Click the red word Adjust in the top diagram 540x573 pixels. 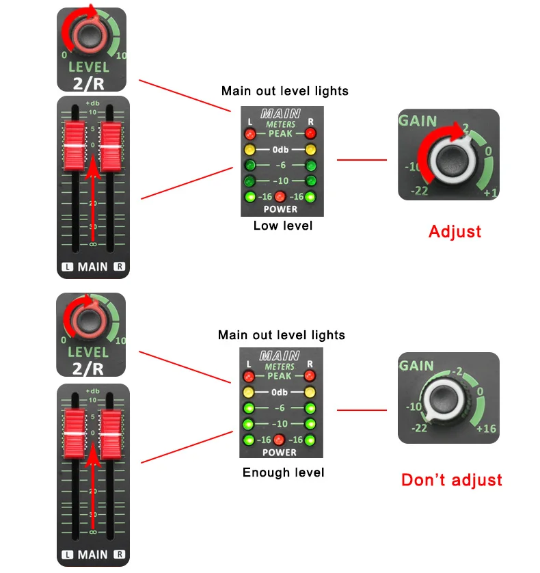[x=455, y=231]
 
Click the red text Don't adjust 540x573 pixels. [x=451, y=480]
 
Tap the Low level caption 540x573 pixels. [x=283, y=226]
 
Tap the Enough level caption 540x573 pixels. [x=283, y=472]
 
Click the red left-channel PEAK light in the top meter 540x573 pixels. [x=250, y=134]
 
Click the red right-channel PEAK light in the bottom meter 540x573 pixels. [x=310, y=376]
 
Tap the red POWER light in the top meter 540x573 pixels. [x=280, y=198]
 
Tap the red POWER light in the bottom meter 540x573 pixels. [x=280, y=440]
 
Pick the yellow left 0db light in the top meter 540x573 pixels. [x=250, y=150]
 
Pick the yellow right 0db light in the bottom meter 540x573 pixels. [x=310, y=392]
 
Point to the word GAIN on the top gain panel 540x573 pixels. [x=418, y=121]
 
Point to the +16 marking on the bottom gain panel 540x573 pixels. [x=485, y=429]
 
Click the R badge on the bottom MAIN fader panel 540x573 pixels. [x=120, y=555]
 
